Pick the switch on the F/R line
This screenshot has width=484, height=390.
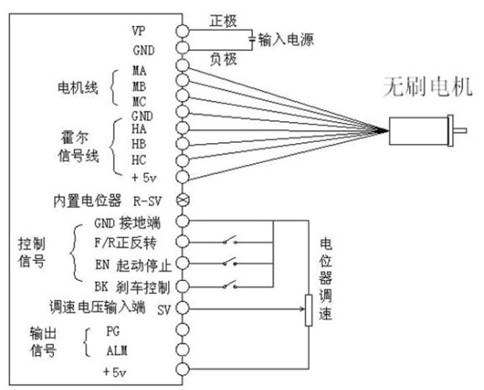point(229,242)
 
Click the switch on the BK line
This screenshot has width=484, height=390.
point(229,285)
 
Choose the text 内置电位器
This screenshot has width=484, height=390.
point(87,201)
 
